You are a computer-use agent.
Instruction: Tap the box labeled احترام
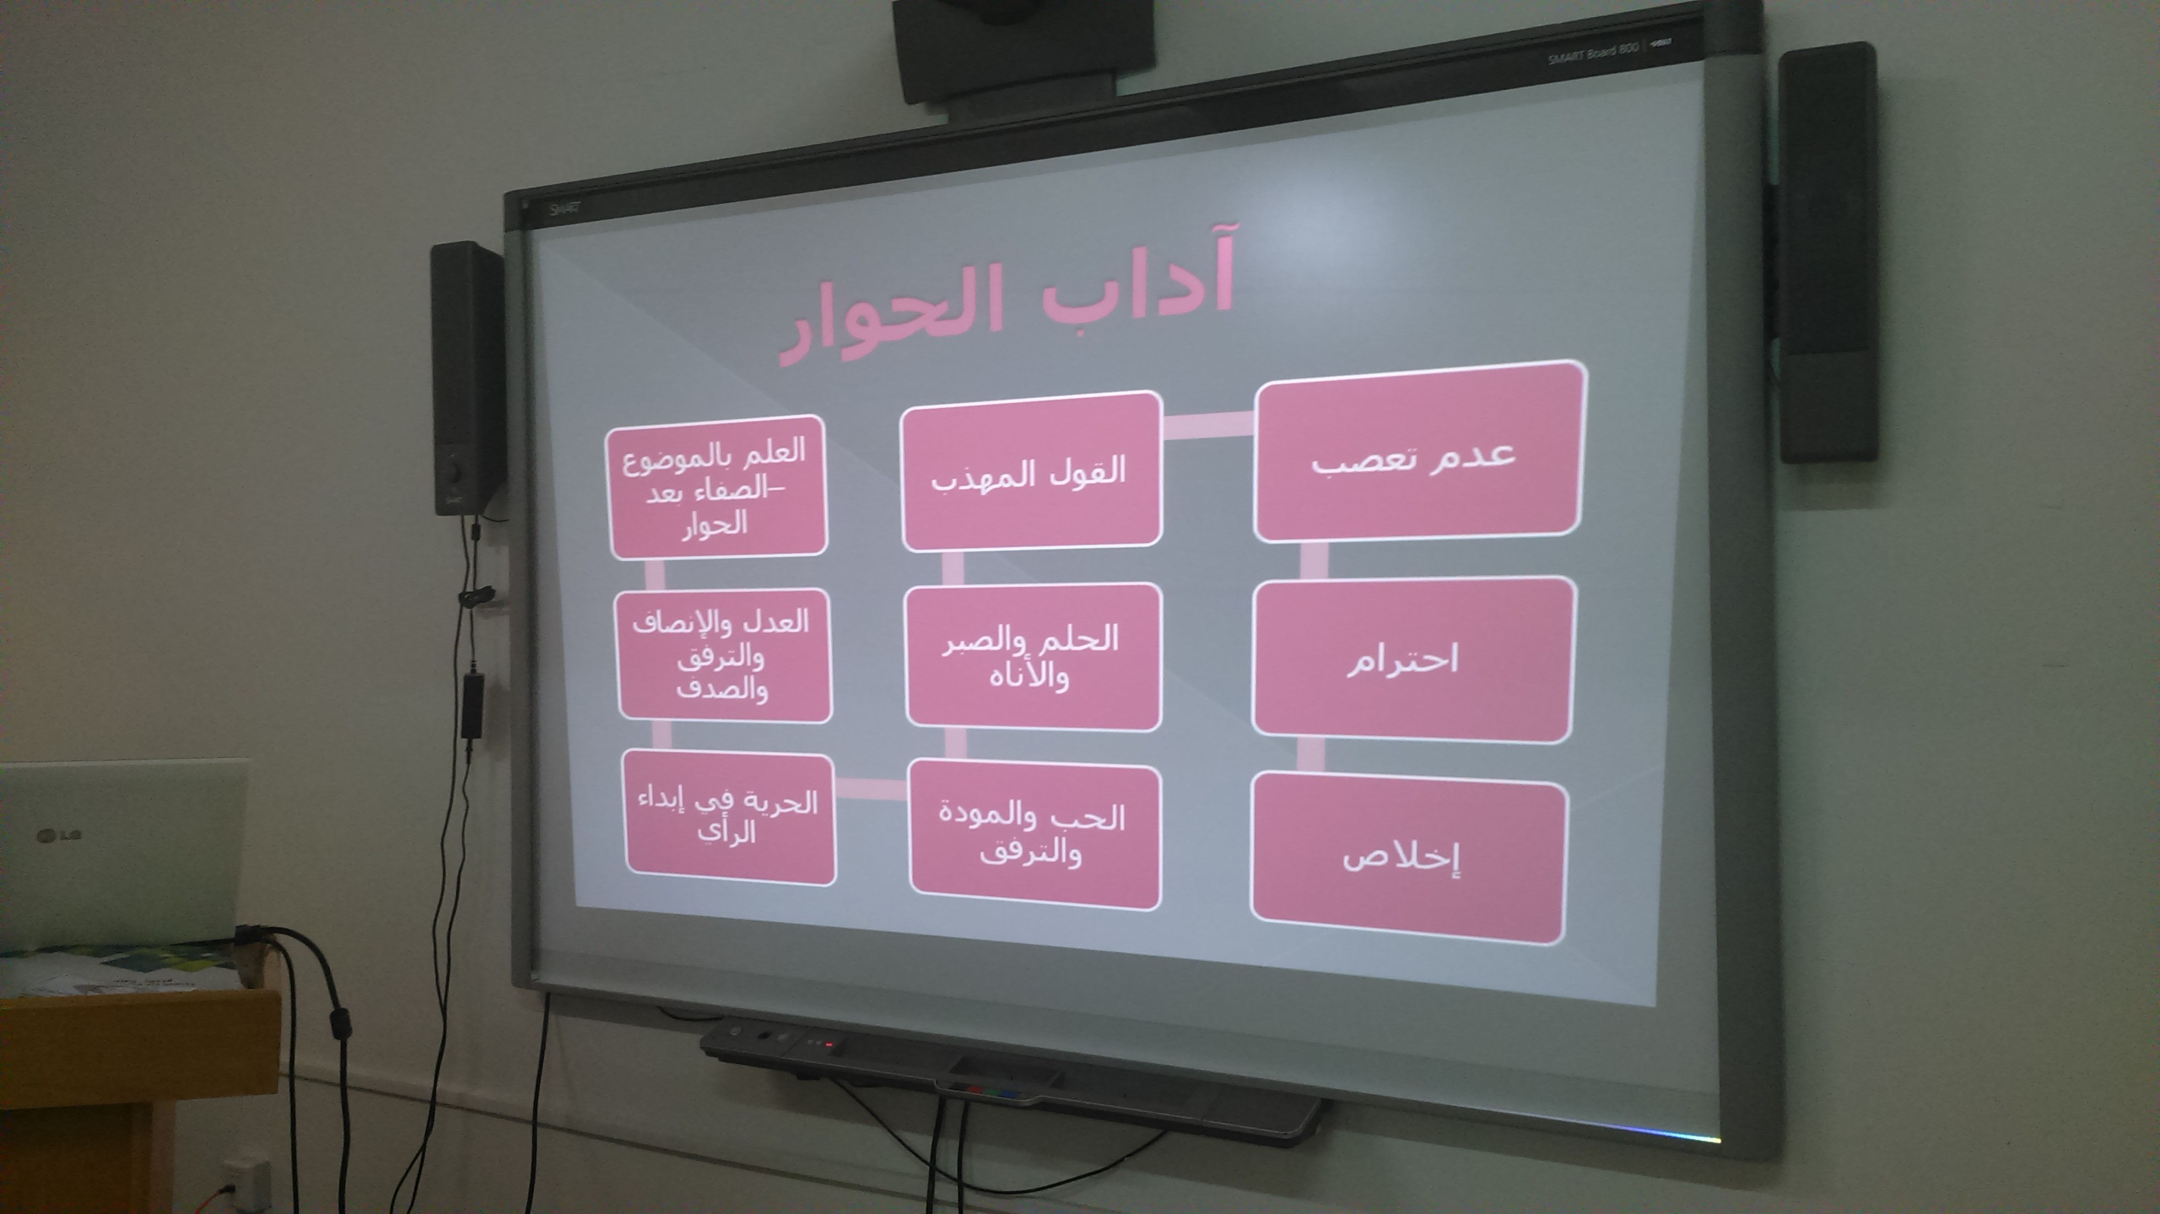1413,659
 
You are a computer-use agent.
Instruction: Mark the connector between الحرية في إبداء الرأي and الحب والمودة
872,788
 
